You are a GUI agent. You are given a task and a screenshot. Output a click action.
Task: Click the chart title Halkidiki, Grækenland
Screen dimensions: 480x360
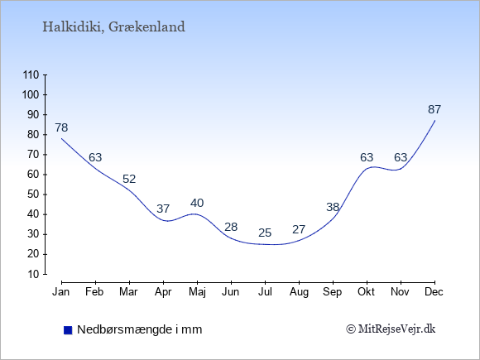113,27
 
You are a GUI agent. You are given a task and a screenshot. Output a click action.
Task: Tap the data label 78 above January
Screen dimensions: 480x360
61,127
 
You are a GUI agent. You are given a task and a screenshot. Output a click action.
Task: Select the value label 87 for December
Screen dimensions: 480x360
434,109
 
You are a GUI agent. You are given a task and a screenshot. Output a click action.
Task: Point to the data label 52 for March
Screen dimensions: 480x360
129,179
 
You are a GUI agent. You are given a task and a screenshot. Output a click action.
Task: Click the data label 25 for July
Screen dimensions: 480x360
265,233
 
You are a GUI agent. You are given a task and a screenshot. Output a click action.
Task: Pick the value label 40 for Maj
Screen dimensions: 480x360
197,203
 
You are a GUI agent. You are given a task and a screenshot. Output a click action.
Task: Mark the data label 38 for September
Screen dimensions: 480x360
333,207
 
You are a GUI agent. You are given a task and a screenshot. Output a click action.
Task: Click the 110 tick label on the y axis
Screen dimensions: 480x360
31,74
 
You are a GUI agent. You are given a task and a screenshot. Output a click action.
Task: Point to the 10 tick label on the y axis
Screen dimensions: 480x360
34,274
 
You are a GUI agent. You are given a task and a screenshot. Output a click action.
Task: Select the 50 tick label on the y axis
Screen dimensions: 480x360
34,194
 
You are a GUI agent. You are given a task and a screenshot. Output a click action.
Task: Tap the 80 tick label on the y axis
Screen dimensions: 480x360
34,134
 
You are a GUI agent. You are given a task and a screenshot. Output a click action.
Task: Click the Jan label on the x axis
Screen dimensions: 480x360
61,292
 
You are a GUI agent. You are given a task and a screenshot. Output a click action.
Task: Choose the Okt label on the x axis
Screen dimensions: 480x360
366,292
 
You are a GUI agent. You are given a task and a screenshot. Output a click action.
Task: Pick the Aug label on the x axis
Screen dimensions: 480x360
299,292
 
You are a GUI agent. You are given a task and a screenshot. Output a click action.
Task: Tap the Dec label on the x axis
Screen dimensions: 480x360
434,292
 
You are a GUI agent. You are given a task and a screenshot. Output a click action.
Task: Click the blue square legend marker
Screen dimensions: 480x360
68,330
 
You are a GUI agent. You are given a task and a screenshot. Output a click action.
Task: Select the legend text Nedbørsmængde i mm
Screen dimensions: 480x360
140,329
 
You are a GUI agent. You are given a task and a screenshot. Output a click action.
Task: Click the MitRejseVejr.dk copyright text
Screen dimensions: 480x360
391,329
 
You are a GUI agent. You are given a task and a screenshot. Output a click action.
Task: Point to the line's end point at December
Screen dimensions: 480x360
434,121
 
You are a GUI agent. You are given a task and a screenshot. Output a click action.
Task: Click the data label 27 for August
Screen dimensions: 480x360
299,229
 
